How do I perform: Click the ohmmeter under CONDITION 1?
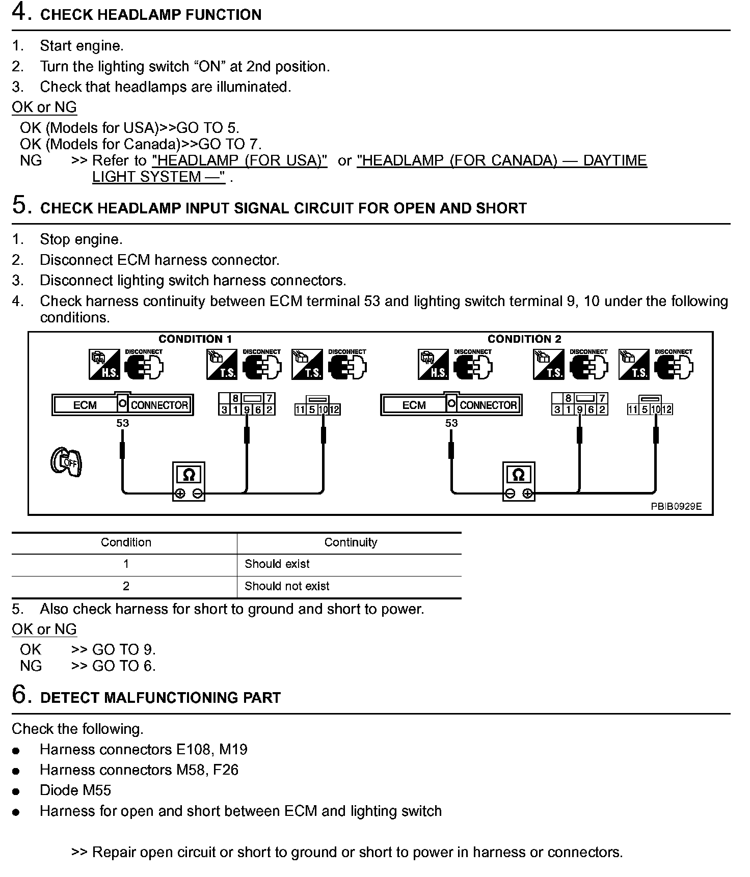189,481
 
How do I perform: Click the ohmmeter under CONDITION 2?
518,481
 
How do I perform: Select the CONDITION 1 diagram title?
195,339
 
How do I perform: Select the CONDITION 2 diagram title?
524,339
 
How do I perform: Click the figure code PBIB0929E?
676,506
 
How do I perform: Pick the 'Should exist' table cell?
277,564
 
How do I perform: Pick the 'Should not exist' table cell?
287,586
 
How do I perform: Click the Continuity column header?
351,542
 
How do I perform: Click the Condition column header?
126,542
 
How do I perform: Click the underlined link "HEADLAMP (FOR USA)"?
239,160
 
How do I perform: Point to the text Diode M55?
75,790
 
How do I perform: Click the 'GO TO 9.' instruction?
124,650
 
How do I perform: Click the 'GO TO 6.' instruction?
124,666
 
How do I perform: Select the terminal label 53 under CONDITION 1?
123,423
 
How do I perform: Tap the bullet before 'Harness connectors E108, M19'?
17,751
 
